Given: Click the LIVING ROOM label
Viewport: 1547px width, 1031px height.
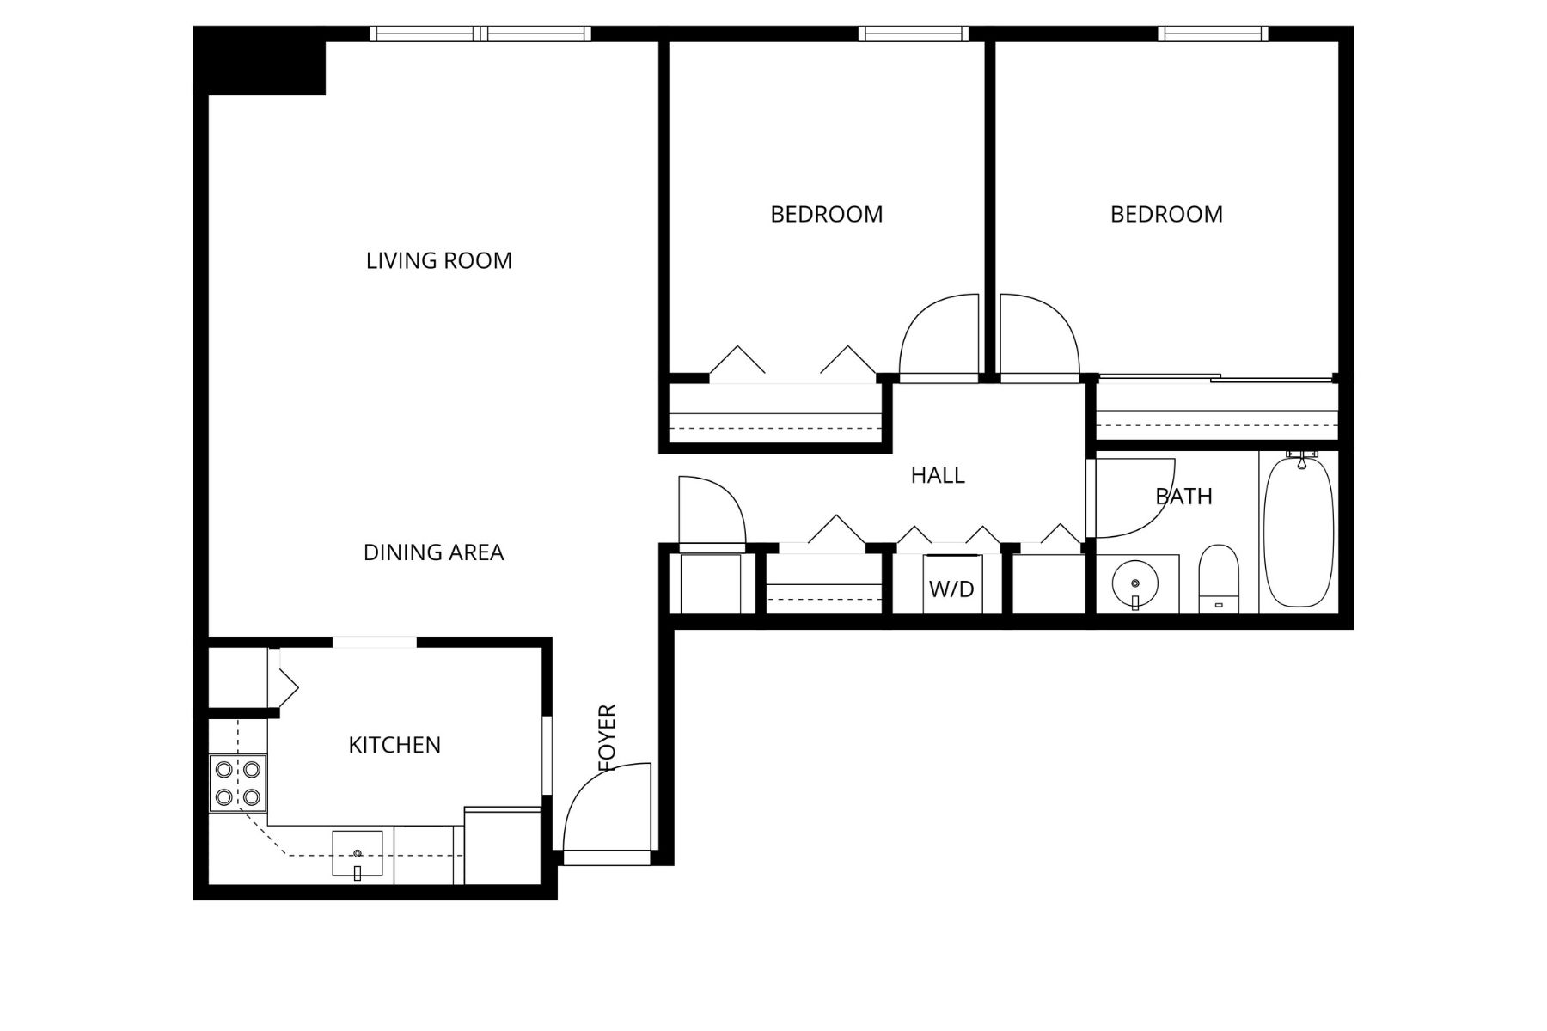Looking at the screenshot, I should click(x=439, y=260).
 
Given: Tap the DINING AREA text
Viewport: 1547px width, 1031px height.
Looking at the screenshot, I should click(x=433, y=552).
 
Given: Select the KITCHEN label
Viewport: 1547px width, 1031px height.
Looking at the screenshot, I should click(x=394, y=745).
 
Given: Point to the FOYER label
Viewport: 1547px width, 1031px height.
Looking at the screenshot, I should click(x=608, y=737).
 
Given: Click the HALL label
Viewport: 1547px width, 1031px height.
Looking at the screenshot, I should click(x=938, y=475).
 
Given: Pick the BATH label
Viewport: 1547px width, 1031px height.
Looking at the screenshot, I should click(x=1183, y=497).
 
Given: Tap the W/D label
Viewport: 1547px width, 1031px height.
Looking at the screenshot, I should click(x=951, y=589).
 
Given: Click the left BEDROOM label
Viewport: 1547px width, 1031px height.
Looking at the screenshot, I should click(x=826, y=214).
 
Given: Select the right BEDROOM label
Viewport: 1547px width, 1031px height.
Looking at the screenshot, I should click(x=1166, y=214).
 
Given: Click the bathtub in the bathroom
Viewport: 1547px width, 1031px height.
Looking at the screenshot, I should click(x=1298, y=533).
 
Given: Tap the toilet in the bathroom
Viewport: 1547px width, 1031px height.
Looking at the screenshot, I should click(x=1219, y=578).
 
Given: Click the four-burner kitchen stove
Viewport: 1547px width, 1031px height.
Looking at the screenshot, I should click(x=238, y=784).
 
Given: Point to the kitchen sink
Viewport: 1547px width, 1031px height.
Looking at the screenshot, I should click(x=358, y=854).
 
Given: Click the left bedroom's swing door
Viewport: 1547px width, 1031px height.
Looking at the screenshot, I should click(x=939, y=337).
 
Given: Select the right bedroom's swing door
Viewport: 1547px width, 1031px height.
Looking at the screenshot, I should click(x=1038, y=337).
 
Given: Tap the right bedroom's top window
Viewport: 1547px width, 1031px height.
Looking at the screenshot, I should click(x=1213, y=34).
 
